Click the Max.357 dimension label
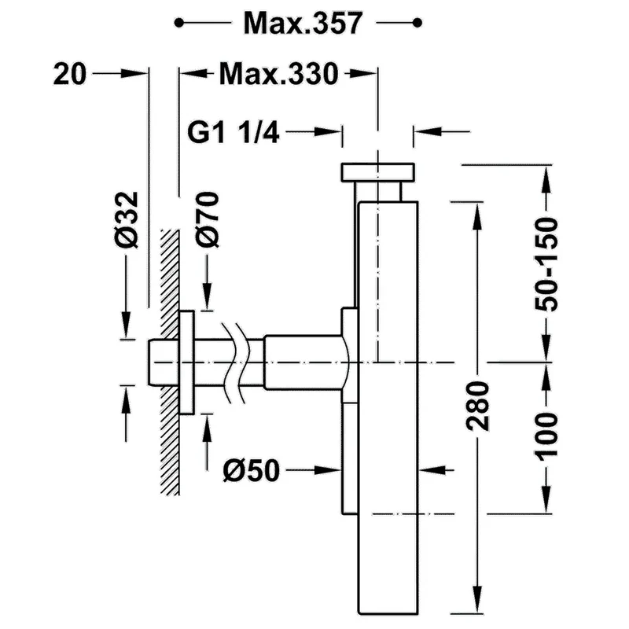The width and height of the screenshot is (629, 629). coord(303,23)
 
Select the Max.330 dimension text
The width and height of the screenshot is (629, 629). coord(279,74)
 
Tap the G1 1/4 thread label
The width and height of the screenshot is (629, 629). coord(233,132)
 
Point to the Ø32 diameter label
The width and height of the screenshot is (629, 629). coord(126,219)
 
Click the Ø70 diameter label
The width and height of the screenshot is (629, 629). coord(208,219)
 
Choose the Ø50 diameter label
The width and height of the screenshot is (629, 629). coord(251,470)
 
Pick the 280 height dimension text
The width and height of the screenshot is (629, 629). coord(477,406)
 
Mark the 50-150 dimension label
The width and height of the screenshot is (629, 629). coord(546,264)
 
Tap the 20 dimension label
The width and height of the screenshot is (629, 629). coord(70,74)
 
